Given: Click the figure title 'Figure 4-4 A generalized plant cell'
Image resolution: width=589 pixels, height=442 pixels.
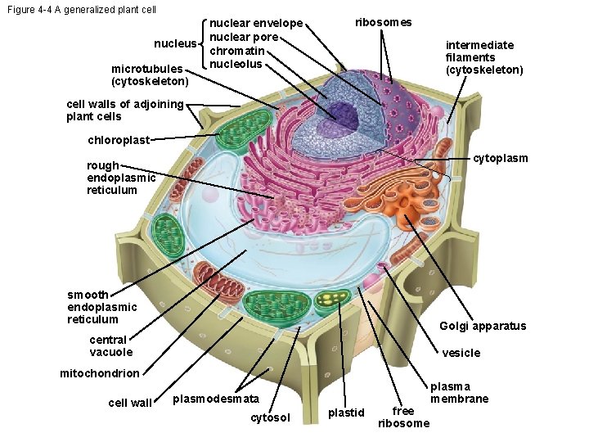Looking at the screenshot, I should (80, 10).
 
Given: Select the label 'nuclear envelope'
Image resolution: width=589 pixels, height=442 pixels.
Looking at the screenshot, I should (256, 23).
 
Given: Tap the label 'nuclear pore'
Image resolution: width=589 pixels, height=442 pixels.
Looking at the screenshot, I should (245, 37).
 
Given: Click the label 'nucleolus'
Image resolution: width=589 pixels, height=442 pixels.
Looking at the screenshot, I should (236, 64).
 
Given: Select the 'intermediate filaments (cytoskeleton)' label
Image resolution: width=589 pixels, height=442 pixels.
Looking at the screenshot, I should (484, 57).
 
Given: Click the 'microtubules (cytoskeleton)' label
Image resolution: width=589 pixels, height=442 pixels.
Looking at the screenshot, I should (150, 75).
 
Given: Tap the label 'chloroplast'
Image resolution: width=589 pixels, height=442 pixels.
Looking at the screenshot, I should (119, 140).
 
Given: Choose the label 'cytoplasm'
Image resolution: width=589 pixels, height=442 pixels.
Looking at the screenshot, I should (500, 158).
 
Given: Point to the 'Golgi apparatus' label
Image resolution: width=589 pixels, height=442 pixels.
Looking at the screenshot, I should (483, 326).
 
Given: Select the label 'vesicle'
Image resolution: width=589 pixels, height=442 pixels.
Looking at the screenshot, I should (461, 354).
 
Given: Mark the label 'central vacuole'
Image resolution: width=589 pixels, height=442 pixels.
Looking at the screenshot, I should (110, 345).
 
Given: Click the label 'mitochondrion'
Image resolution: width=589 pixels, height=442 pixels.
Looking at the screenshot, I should (100, 373).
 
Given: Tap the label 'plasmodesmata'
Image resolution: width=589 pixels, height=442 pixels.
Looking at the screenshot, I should (216, 399).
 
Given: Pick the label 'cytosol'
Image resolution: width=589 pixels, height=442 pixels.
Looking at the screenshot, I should (270, 418).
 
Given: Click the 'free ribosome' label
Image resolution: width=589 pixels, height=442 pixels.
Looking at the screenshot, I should (403, 417).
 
